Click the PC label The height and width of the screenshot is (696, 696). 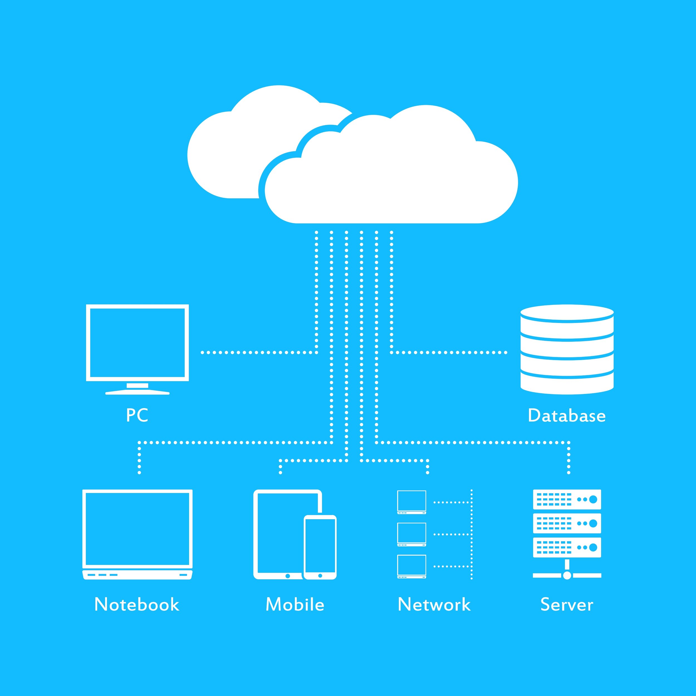[137, 415]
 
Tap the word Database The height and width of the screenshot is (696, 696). [567, 416]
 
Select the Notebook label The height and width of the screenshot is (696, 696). [137, 604]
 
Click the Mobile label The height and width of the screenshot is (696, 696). [295, 604]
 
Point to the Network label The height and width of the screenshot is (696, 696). [434, 604]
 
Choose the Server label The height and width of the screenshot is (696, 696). [567, 604]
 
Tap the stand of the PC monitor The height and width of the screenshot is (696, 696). [137, 389]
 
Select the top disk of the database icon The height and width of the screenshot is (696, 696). [567, 313]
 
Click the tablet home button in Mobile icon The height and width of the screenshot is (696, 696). [288, 576]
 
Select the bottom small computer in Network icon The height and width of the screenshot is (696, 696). [411, 566]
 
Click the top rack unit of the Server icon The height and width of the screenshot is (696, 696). [567, 499]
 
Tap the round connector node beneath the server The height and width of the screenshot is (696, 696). [567, 575]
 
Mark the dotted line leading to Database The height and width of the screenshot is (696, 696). [449, 352]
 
